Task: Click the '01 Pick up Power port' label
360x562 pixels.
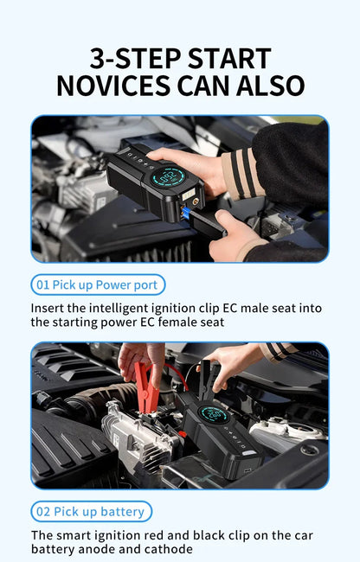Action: (98, 284)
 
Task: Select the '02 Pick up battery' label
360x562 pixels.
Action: (91, 511)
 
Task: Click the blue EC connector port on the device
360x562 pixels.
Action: (184, 211)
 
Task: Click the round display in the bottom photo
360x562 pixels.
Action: (215, 415)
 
